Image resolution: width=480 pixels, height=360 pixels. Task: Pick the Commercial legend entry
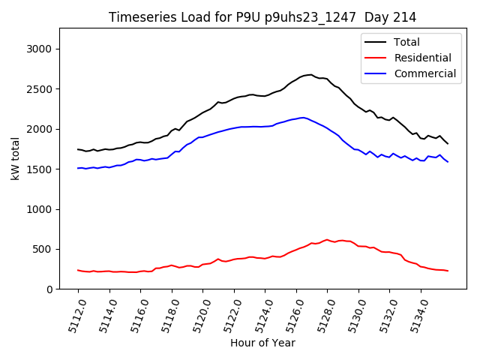[424, 73]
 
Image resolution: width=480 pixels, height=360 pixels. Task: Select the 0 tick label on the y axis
[49, 289]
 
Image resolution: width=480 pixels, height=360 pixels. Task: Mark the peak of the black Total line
[310, 74]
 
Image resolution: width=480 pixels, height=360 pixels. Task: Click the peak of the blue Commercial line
[303, 117]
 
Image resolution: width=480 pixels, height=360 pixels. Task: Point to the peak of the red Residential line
[327, 239]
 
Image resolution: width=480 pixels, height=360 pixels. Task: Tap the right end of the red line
[448, 271]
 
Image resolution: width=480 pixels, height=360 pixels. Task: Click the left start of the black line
[78, 149]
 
